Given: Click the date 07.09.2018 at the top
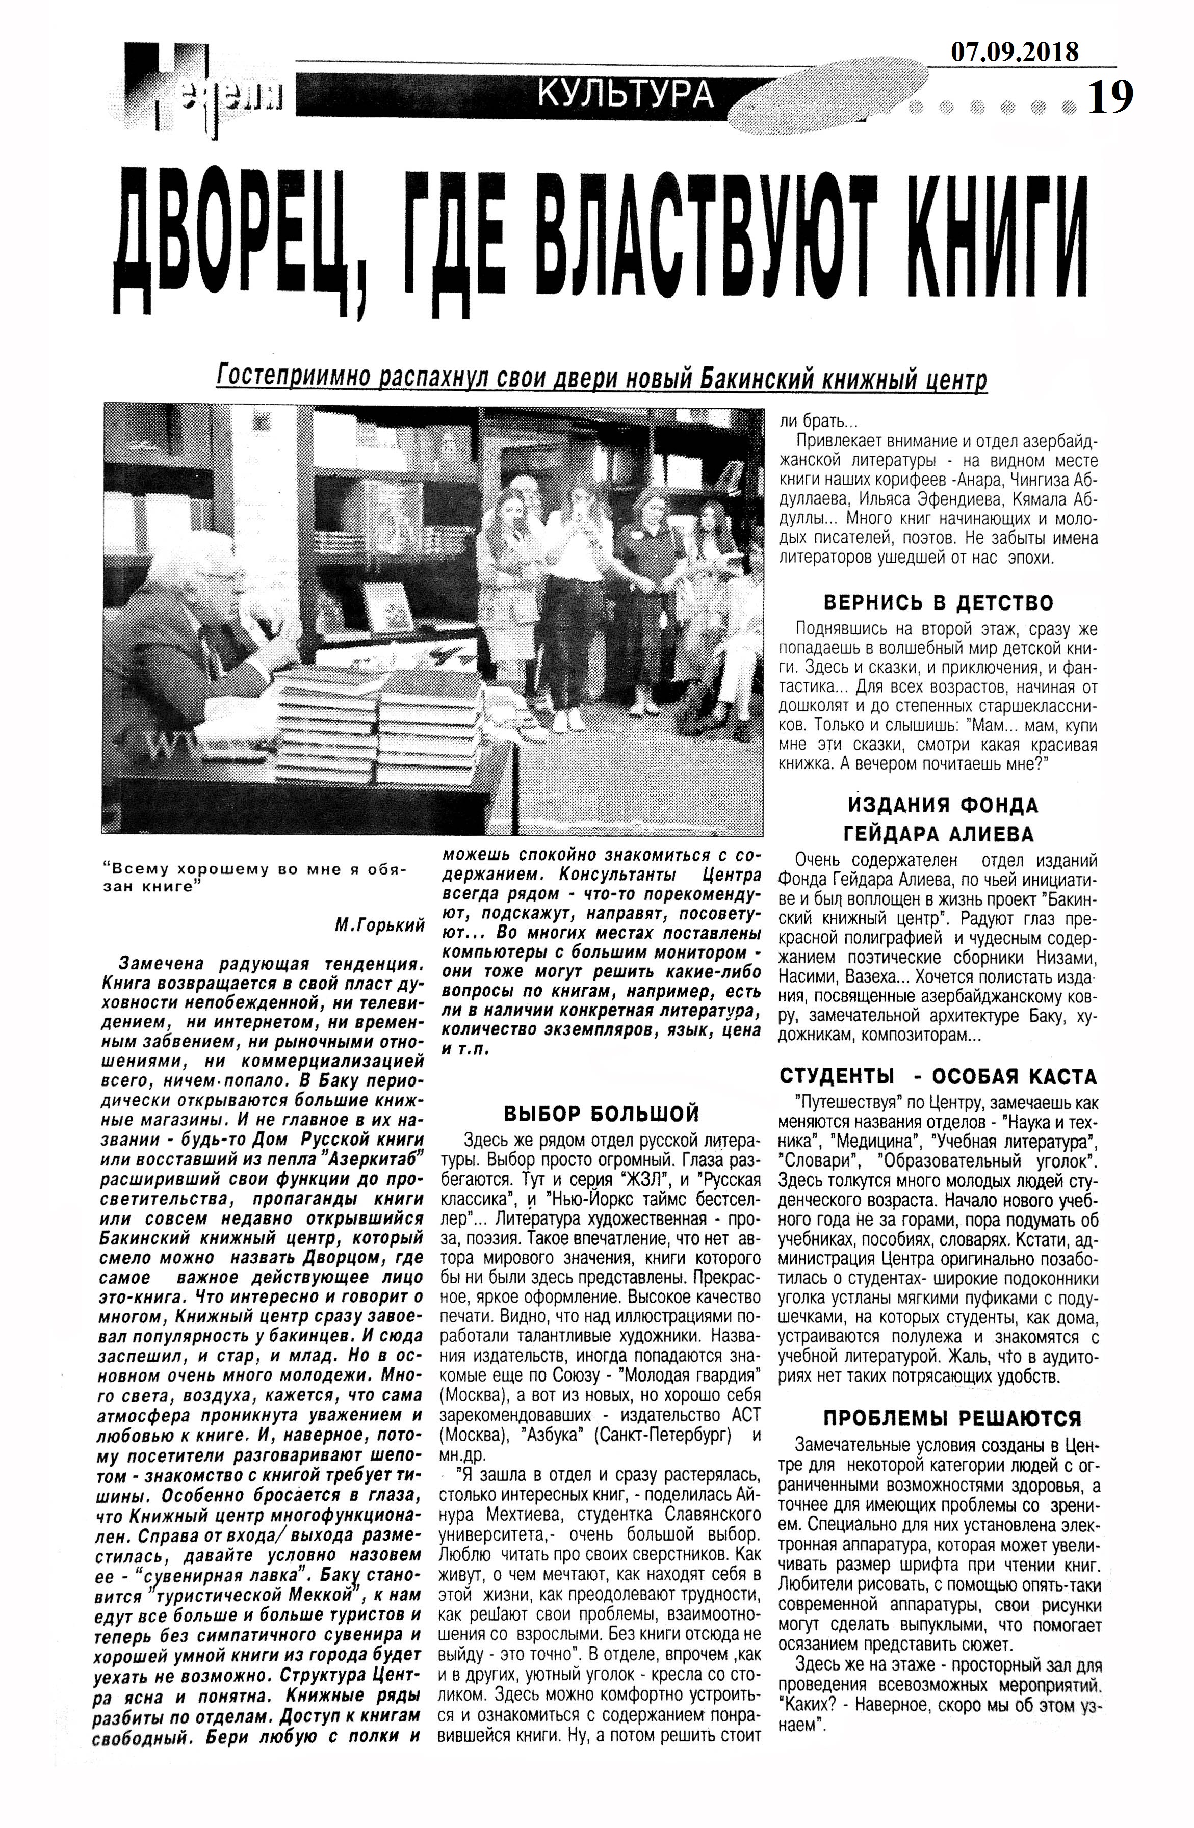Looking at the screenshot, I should pyautogui.click(x=1014, y=51).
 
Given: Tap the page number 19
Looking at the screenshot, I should pyautogui.click(x=1111, y=97).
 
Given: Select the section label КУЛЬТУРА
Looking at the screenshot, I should pyautogui.click(x=626, y=94).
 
